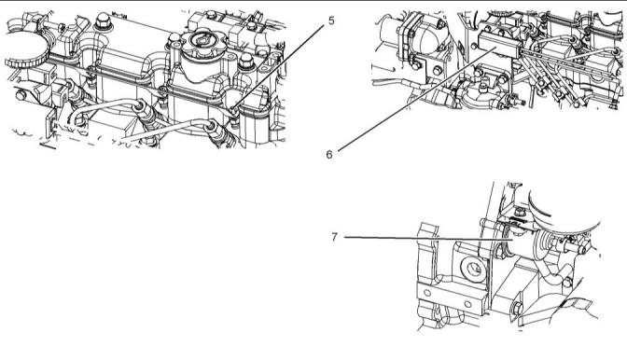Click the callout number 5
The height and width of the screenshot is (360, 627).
click(x=331, y=21)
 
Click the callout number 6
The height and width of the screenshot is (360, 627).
click(x=329, y=154)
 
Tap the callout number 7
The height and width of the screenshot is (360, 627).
click(x=334, y=237)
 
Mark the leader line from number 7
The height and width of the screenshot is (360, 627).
click(x=428, y=239)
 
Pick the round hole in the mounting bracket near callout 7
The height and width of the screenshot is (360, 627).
click(x=474, y=269)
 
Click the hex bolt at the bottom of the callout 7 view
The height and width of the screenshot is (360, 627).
click(x=517, y=309)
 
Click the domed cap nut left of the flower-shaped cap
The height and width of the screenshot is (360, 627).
click(x=174, y=39)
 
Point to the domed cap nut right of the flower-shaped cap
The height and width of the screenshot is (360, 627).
click(x=245, y=61)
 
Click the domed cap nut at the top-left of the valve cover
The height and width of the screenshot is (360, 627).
click(x=103, y=21)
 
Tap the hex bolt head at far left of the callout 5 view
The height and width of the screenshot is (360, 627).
click(x=21, y=95)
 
